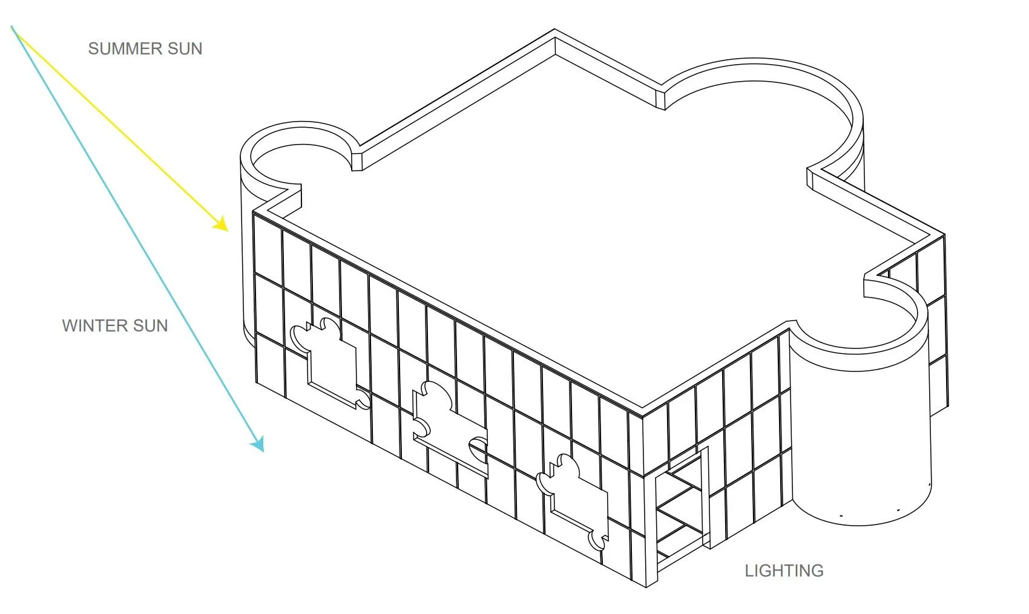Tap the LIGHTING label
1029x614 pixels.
784,571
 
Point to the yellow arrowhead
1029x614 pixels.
222,225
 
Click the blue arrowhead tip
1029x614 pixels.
262,450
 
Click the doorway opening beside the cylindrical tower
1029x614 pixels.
681,508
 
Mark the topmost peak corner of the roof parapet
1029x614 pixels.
555,30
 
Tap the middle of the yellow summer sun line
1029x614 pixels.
118,127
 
